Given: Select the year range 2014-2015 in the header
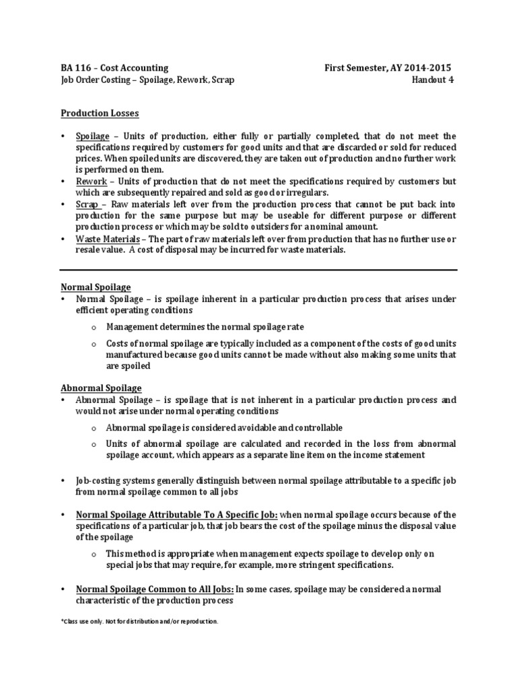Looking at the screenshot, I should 425,68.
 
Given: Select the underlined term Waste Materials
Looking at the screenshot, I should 106,239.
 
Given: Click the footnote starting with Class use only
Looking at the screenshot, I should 139,621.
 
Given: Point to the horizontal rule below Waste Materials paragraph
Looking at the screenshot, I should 258,270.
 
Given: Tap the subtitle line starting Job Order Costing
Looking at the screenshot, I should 148,80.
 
